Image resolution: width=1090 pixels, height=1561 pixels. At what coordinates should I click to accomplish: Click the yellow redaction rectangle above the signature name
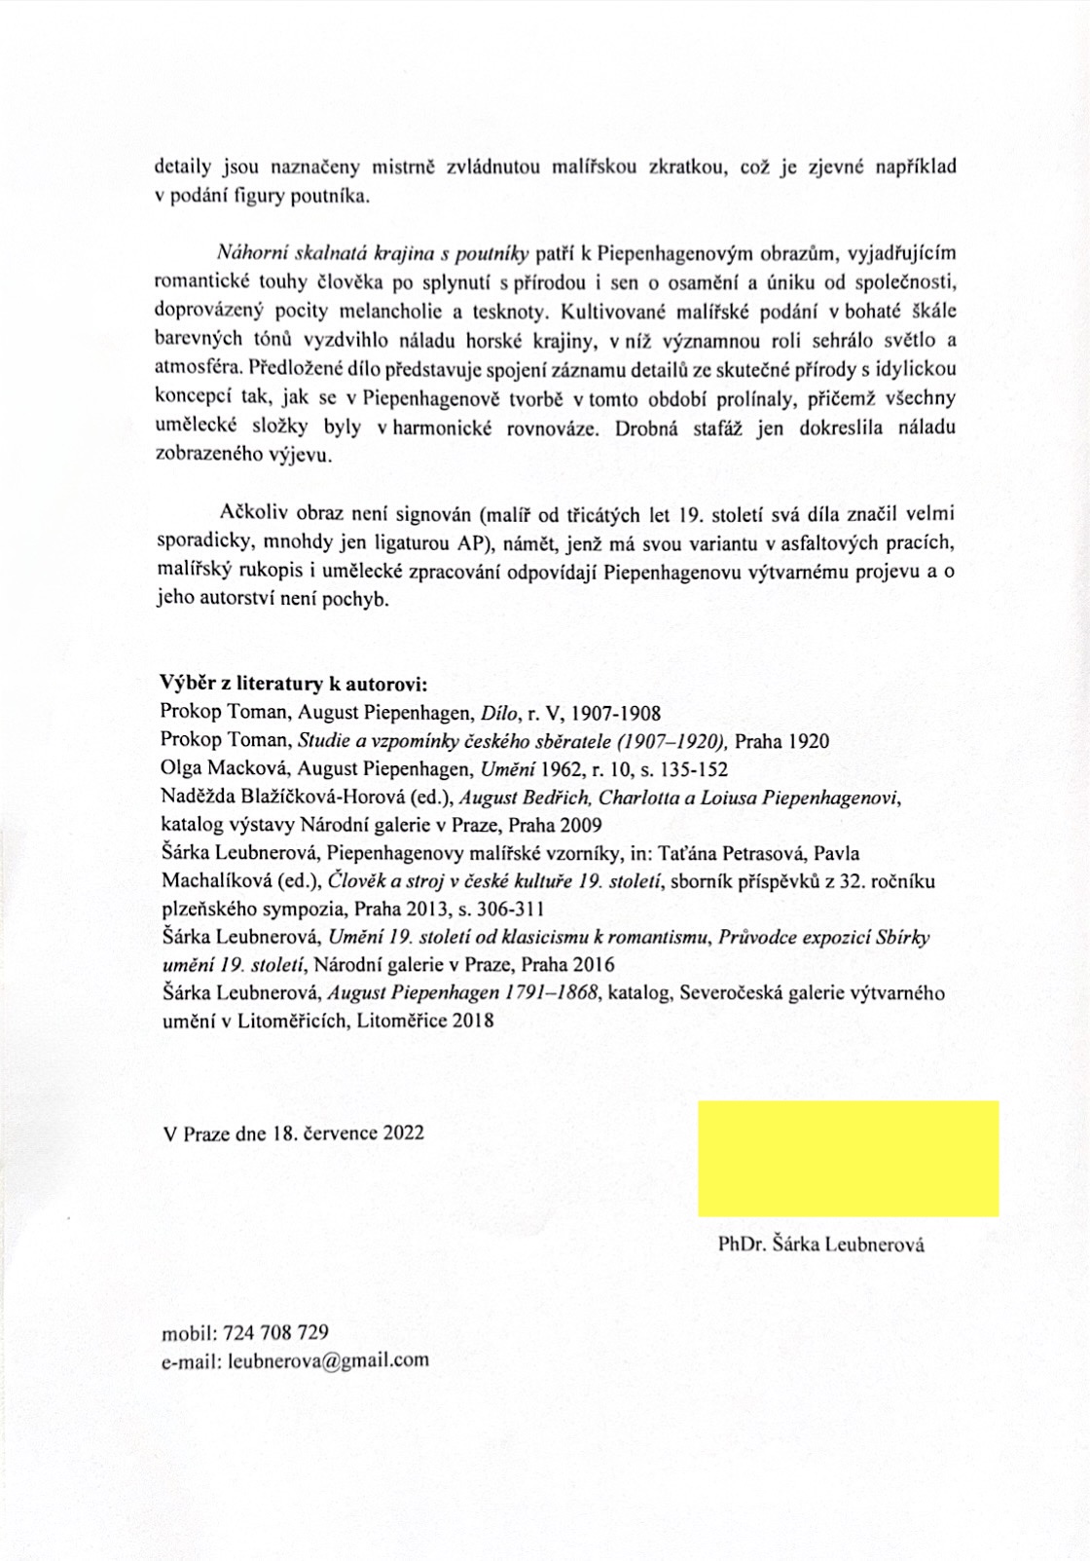[848, 1158]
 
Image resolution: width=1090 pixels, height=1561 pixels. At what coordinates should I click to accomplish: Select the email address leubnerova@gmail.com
[328, 1359]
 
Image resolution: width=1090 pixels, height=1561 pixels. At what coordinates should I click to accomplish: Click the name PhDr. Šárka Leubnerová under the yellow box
[820, 1244]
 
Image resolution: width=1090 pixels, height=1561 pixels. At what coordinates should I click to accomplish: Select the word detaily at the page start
[184, 167]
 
